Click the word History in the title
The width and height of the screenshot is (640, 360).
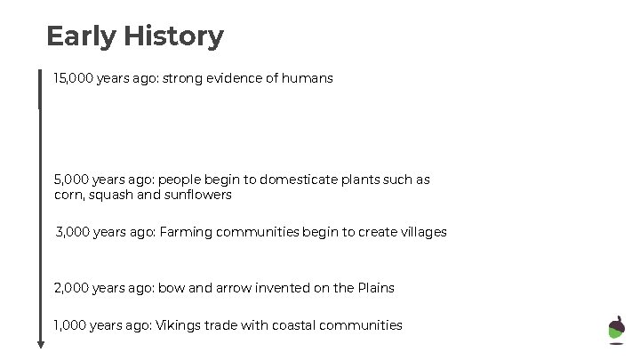click(x=173, y=36)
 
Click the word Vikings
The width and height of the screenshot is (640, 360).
click(x=179, y=325)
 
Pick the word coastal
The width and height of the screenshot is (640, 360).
click(x=284, y=325)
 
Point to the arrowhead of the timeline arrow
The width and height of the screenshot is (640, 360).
click(x=40, y=344)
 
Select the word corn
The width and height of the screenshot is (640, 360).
click(x=68, y=195)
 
